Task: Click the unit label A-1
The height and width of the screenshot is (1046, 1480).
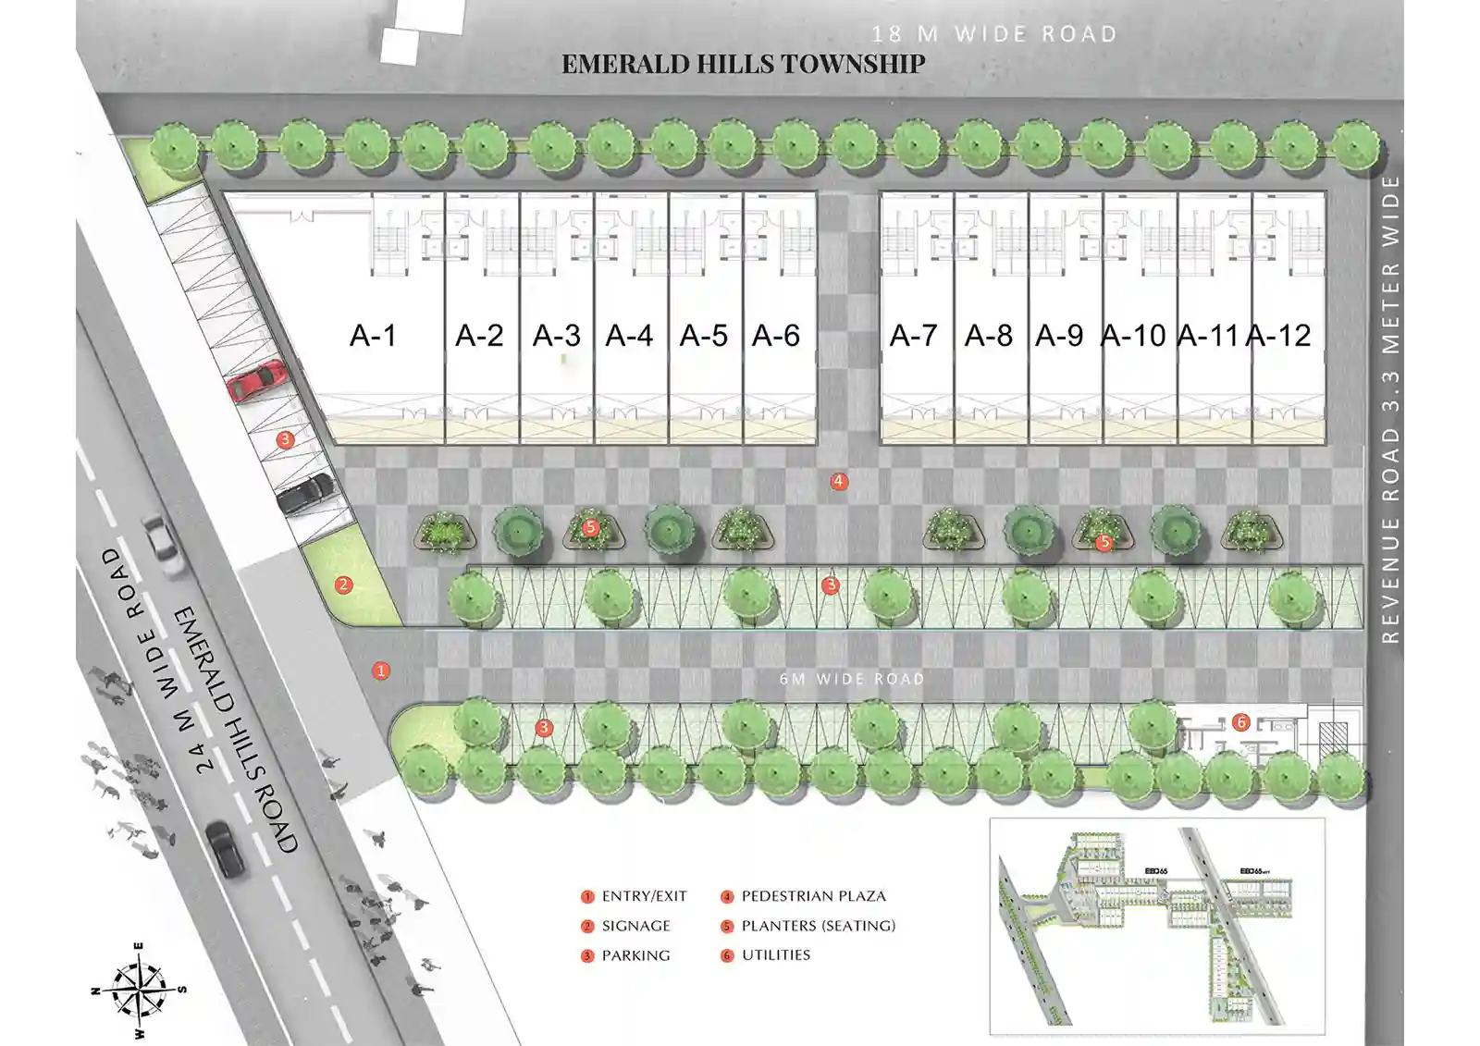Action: click(373, 335)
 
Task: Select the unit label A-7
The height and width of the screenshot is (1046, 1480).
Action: click(913, 335)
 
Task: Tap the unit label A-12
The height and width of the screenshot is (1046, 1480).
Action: click(1278, 335)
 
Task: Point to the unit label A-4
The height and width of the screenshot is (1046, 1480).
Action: click(629, 335)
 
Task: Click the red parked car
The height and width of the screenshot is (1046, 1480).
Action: click(256, 380)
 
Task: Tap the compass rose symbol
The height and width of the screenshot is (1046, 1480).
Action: click(138, 990)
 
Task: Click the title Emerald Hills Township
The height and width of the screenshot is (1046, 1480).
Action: click(743, 64)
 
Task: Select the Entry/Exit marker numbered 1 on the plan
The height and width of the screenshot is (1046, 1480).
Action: click(380, 671)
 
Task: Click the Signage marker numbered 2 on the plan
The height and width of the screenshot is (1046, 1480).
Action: click(343, 585)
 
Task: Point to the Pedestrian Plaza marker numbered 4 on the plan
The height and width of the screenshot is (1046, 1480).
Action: click(839, 481)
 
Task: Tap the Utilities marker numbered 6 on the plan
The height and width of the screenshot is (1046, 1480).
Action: click(1241, 722)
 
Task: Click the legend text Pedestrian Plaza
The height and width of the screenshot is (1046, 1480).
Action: click(813, 896)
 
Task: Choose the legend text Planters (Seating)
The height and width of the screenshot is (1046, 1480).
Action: click(818, 926)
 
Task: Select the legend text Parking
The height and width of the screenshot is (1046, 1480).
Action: click(635, 955)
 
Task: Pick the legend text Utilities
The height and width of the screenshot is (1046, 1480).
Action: click(775, 955)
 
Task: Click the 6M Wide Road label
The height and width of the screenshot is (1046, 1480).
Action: click(852, 679)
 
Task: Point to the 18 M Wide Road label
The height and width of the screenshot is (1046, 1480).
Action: click(994, 34)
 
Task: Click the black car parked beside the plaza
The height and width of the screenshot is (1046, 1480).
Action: click(305, 492)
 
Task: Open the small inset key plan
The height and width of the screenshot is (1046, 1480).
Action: click(1156, 926)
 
